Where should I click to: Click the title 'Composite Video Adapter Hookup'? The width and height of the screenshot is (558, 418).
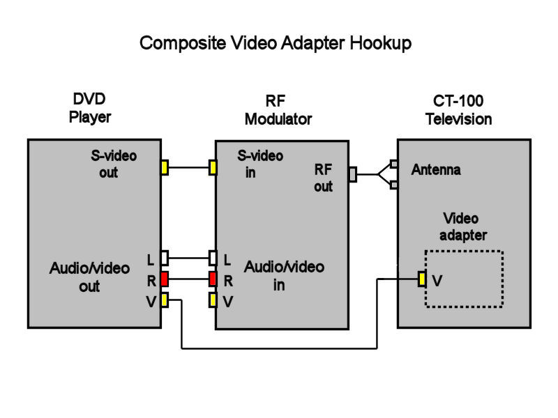pyautogui.click(x=276, y=42)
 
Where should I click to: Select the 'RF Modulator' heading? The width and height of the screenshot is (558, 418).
pyautogui.click(x=278, y=110)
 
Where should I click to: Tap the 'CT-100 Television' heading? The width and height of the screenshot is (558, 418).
pyautogui.click(x=458, y=110)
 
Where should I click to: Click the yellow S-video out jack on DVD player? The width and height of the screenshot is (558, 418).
pyautogui.click(x=165, y=167)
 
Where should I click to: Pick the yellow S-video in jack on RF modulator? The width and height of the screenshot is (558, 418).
pyautogui.click(x=213, y=167)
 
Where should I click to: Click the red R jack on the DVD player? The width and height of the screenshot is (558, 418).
pyautogui.click(x=165, y=279)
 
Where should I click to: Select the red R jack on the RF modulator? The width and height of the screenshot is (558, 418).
pyautogui.click(x=213, y=279)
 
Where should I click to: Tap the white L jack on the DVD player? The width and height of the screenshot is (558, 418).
pyautogui.click(x=165, y=258)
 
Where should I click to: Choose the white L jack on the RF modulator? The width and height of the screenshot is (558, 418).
pyautogui.click(x=213, y=258)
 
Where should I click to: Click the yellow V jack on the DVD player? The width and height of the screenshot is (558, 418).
pyautogui.click(x=165, y=300)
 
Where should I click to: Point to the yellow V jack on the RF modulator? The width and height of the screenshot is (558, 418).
pyautogui.click(x=213, y=300)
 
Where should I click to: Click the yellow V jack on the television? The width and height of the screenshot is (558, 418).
pyautogui.click(x=422, y=279)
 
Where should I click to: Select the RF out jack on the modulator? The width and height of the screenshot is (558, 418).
pyautogui.click(x=352, y=174)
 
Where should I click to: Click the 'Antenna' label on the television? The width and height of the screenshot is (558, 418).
pyautogui.click(x=436, y=169)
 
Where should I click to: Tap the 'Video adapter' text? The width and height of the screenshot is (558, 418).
pyautogui.click(x=462, y=227)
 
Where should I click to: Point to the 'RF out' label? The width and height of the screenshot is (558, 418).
pyautogui.click(x=323, y=178)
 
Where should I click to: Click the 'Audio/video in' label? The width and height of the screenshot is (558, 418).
pyautogui.click(x=284, y=276)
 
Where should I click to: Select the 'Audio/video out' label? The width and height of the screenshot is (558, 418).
pyautogui.click(x=90, y=277)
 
